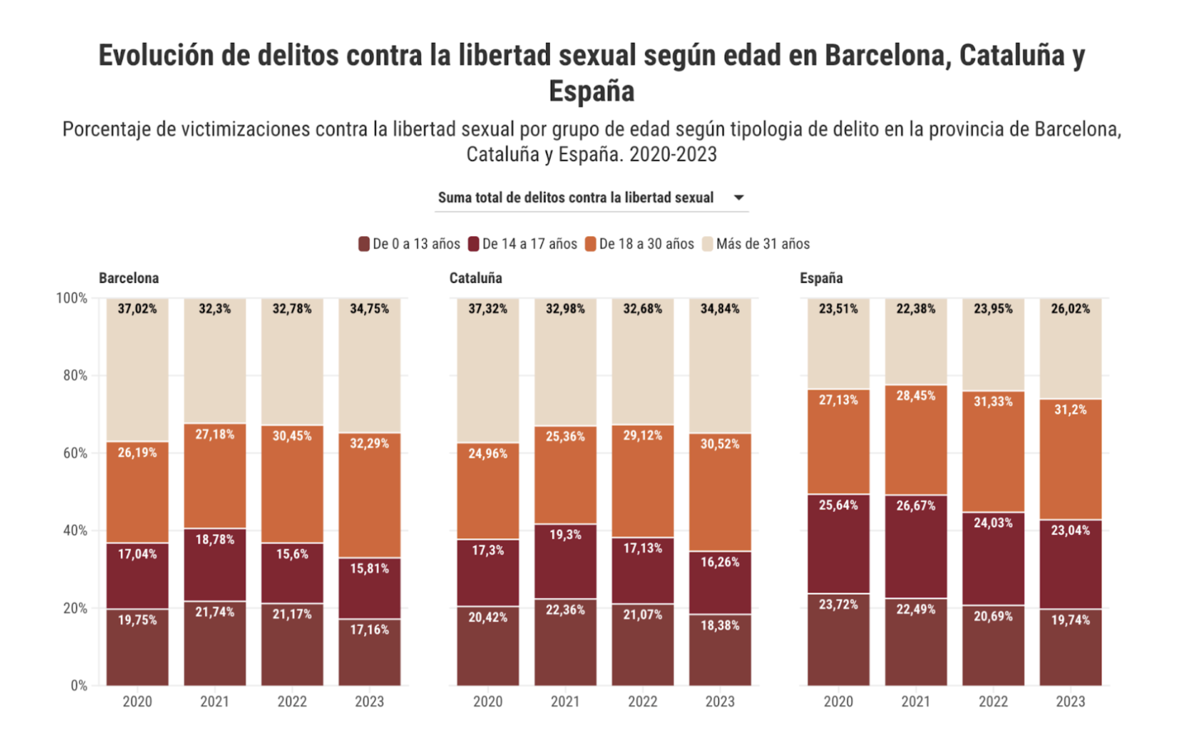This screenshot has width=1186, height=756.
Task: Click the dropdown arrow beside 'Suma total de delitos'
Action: tap(738, 198)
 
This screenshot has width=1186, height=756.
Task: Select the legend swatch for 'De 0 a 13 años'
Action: tap(364, 244)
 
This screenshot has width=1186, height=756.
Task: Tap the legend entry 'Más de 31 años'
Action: tap(756, 244)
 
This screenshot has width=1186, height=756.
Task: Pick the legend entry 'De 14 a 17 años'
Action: tap(522, 244)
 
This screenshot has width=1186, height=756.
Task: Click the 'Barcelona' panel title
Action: tap(129, 278)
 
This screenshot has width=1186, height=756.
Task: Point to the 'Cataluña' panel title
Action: tap(475, 278)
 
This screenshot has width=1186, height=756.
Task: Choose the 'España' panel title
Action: tap(821, 278)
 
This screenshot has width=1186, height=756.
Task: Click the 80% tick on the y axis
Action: tap(75, 376)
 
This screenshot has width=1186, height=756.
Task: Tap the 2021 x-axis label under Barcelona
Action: tap(214, 701)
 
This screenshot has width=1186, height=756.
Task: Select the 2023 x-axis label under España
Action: tap(1070, 701)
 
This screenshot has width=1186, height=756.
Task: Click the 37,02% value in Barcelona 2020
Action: tap(137, 309)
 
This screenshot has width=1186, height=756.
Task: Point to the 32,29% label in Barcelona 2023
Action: tap(369, 443)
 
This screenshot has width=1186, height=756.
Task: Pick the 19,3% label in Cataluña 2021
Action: tap(565, 534)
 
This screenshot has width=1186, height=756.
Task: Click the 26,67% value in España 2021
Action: tap(916, 506)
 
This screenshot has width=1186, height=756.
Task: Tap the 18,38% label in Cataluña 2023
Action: tap(719, 625)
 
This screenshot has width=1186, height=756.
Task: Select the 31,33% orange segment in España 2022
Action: tap(993, 454)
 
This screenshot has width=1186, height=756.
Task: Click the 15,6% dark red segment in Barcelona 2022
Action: tap(292, 574)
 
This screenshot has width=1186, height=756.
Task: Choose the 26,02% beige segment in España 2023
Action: tap(1070, 350)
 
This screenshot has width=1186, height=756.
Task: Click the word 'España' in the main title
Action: tap(591, 91)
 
